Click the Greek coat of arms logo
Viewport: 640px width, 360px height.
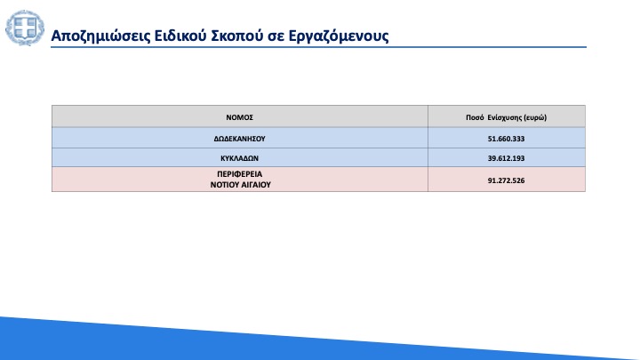point(25,28)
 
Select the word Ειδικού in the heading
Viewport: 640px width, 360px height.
point(180,36)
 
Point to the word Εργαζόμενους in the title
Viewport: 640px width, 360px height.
point(339,36)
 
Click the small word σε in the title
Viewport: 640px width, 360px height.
point(276,37)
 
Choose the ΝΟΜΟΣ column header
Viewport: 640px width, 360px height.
point(240,117)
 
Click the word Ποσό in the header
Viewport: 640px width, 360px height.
point(475,117)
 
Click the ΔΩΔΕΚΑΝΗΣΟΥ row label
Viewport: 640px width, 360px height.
point(240,139)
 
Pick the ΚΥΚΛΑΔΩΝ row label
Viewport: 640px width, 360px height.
point(240,158)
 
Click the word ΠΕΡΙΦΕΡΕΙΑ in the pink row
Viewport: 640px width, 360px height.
point(240,174)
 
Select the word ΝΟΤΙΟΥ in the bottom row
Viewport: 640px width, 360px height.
point(224,185)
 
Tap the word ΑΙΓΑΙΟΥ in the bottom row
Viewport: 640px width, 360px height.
point(255,185)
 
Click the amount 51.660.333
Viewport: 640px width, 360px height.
point(506,139)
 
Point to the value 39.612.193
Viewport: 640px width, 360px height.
point(506,158)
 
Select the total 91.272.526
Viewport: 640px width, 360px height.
point(506,180)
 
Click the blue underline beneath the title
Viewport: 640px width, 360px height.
point(318,47)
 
